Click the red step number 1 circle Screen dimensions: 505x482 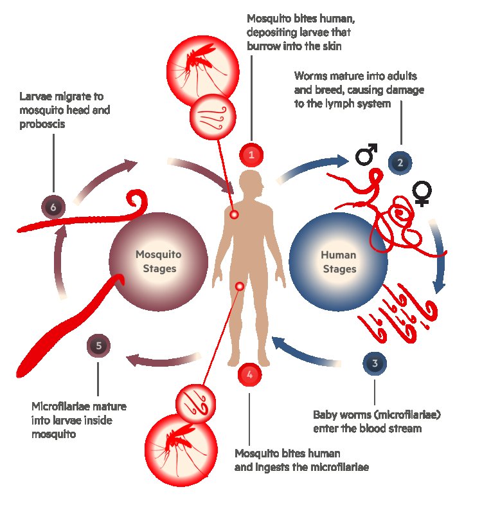click(x=252, y=154)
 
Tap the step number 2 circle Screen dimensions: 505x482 click(x=400, y=162)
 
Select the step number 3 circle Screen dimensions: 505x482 click(x=375, y=363)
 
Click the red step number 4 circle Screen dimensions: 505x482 click(x=249, y=374)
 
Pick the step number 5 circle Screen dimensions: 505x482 click(x=98, y=346)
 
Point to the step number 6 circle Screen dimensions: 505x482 click(x=53, y=207)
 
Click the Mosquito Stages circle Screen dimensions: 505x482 click(x=159, y=261)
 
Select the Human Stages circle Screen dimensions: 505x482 click(x=338, y=261)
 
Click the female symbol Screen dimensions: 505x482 click(x=422, y=193)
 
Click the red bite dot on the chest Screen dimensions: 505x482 click(x=235, y=214)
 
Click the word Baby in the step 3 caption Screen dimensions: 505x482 click(x=325, y=415)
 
